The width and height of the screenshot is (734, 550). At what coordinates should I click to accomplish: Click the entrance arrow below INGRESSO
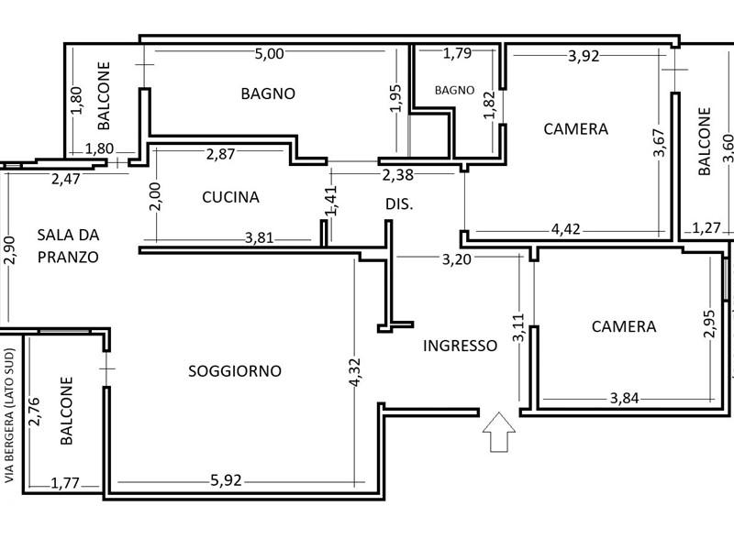499,432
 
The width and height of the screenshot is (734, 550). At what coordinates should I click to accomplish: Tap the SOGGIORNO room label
235,371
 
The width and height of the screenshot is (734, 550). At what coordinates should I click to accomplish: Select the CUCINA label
231,197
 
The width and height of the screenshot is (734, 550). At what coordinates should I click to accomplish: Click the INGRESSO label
461,346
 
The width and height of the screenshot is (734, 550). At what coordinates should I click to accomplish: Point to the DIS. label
399,204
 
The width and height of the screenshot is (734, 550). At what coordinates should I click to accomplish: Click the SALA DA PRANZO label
68,246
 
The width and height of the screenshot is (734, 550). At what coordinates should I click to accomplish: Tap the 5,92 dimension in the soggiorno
226,480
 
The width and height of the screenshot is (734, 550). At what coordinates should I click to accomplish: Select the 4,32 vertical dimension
355,372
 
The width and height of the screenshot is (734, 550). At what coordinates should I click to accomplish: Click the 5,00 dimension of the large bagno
269,54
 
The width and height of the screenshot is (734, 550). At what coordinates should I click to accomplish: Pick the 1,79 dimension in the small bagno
457,53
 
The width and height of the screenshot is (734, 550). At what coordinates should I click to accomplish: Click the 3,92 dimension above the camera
584,56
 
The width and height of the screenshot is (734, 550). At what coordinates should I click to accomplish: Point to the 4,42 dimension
566,229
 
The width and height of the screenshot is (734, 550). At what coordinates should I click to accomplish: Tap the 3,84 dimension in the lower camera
625,398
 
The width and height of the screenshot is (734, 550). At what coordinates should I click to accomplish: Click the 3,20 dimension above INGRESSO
457,259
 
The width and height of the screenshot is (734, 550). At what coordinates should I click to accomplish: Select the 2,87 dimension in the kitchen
220,154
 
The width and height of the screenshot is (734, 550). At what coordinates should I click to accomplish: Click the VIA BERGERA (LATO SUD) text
9,416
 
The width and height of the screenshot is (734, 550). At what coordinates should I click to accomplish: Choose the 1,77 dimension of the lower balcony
65,483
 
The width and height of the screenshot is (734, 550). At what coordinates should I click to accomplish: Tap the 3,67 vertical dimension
660,143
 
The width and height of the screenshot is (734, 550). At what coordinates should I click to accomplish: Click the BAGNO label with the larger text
268,93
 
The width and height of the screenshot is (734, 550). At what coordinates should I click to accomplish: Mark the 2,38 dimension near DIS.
398,175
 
